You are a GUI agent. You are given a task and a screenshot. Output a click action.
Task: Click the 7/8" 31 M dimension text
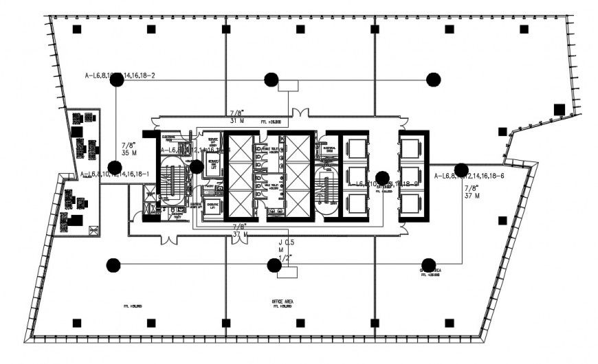pos(237,117)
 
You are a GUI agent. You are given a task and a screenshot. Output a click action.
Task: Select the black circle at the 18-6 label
pos(461,170)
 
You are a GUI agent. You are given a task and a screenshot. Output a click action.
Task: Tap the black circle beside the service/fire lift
pos(196,166)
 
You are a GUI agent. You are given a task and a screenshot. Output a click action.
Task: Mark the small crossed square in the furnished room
pos(95,229)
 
